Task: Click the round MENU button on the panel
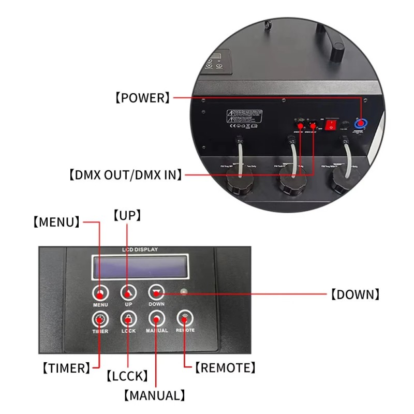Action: [100, 293]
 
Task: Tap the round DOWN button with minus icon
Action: [156, 292]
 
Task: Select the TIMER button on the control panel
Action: [100, 319]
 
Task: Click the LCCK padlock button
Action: [128, 319]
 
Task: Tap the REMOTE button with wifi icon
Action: [185, 318]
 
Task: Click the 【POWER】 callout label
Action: [142, 97]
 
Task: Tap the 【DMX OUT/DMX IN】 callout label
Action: [126, 175]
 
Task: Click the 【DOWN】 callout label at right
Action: [356, 295]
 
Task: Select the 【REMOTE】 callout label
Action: [225, 368]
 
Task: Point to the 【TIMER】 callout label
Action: [66, 368]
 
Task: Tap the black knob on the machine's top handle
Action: [337, 52]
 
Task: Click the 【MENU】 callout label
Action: [56, 222]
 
